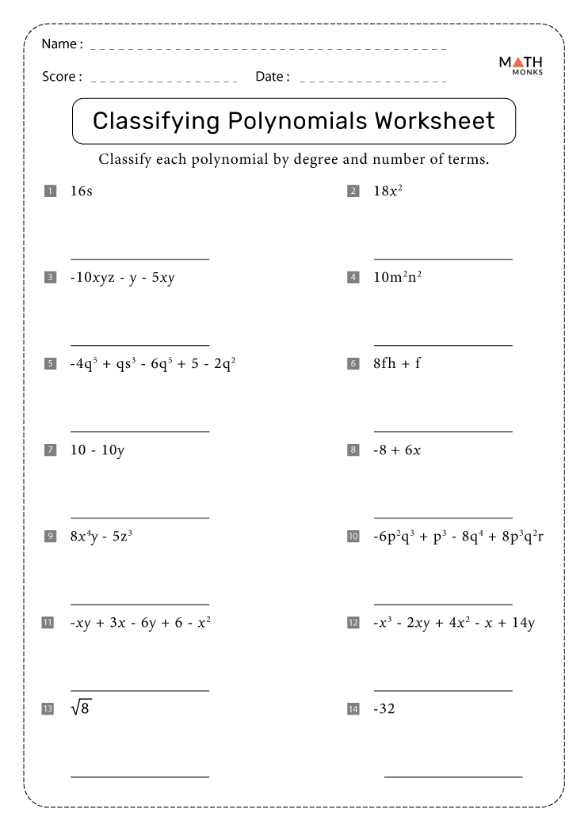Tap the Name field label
point(61,44)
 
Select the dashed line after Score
point(165,81)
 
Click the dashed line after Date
point(373,81)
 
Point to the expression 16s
point(81,191)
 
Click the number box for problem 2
point(353,191)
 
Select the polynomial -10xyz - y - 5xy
point(122,278)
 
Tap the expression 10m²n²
point(397,277)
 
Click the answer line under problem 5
point(140,431)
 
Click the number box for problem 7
point(50,450)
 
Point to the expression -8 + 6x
point(397,450)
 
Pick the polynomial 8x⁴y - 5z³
point(101,537)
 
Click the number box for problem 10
point(353,537)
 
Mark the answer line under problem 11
point(140,690)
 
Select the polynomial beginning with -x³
point(454,623)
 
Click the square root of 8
point(81,708)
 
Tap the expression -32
point(384,709)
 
